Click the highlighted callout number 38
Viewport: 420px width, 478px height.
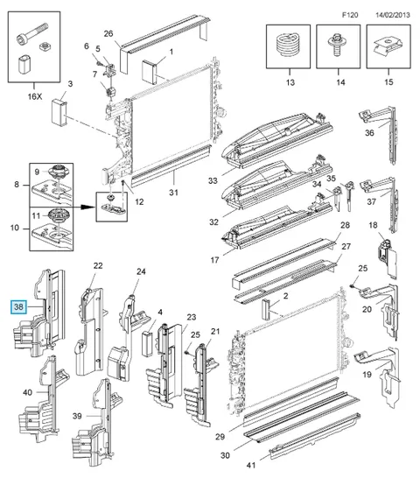tap(18, 306)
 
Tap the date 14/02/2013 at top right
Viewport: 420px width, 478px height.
tap(393, 15)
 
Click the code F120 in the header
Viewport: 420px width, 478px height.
tap(350, 15)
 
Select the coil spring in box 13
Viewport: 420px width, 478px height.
tap(288, 46)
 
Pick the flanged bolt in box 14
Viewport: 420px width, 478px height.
tap(337, 46)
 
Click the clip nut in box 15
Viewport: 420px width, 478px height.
tap(388, 46)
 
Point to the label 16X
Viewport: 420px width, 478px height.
tap(35, 96)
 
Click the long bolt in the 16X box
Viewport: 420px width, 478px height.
tap(31, 34)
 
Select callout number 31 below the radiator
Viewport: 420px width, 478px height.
tap(173, 193)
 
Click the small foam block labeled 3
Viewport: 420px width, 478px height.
tap(59, 112)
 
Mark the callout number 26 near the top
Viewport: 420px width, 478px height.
tap(108, 33)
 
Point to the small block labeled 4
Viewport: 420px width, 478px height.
tap(147, 344)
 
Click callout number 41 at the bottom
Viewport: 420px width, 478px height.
tap(251, 465)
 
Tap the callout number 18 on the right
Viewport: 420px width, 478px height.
tap(373, 225)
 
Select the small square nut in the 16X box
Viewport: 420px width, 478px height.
tap(45, 47)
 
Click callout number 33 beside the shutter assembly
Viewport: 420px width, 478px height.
tap(213, 180)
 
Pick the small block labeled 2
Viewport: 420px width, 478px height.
tap(266, 309)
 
